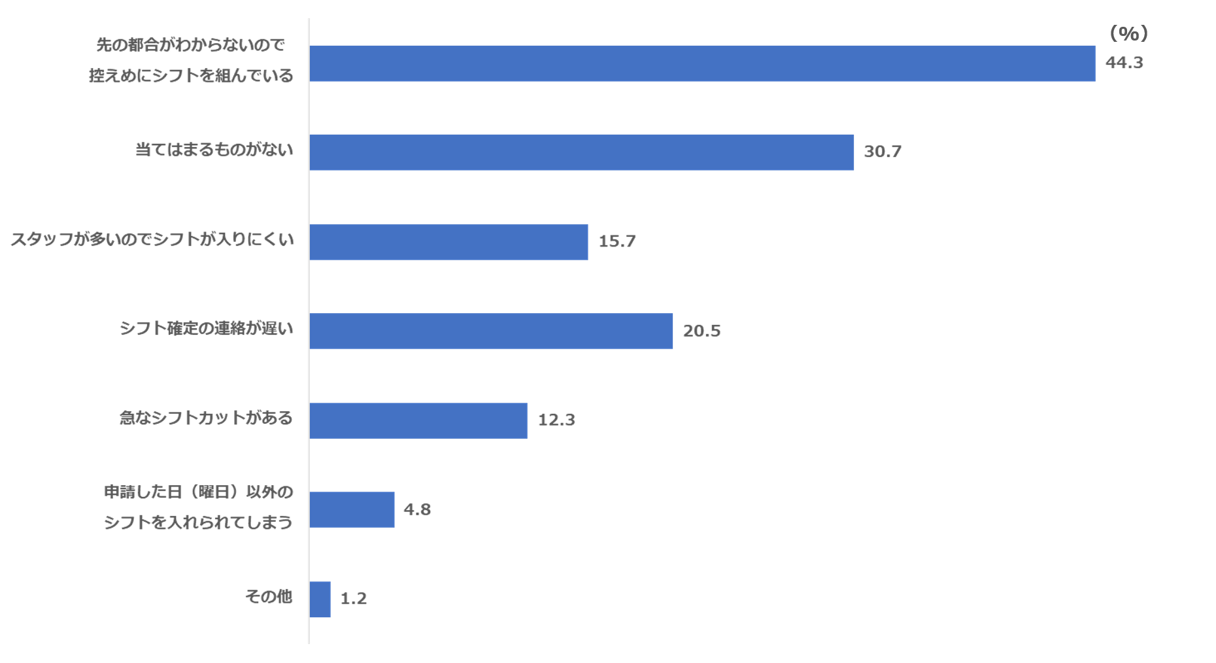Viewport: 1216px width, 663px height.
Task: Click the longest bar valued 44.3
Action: click(702, 63)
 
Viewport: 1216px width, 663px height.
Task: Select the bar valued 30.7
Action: click(582, 152)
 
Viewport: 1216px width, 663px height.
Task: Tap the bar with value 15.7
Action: click(448, 242)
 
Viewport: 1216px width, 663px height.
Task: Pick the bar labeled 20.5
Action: click(491, 331)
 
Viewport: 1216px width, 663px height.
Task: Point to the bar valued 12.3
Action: click(418, 420)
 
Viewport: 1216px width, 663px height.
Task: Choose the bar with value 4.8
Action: click(352, 509)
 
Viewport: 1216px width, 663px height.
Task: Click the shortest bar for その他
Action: click(320, 599)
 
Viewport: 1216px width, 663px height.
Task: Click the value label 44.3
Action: click(1123, 63)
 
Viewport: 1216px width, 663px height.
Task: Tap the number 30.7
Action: click(882, 152)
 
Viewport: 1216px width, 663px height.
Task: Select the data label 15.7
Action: click(616, 241)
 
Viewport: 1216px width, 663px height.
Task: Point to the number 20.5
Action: click(701, 331)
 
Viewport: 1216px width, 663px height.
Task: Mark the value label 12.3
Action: click(556, 420)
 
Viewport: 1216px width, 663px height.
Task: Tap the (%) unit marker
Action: click(1128, 34)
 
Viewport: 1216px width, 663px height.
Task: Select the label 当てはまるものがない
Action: click(214, 150)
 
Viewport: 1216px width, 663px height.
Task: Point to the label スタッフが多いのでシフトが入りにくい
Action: click(152, 240)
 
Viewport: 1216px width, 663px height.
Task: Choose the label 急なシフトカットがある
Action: click(206, 418)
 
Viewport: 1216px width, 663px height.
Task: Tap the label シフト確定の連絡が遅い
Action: click(206, 329)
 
